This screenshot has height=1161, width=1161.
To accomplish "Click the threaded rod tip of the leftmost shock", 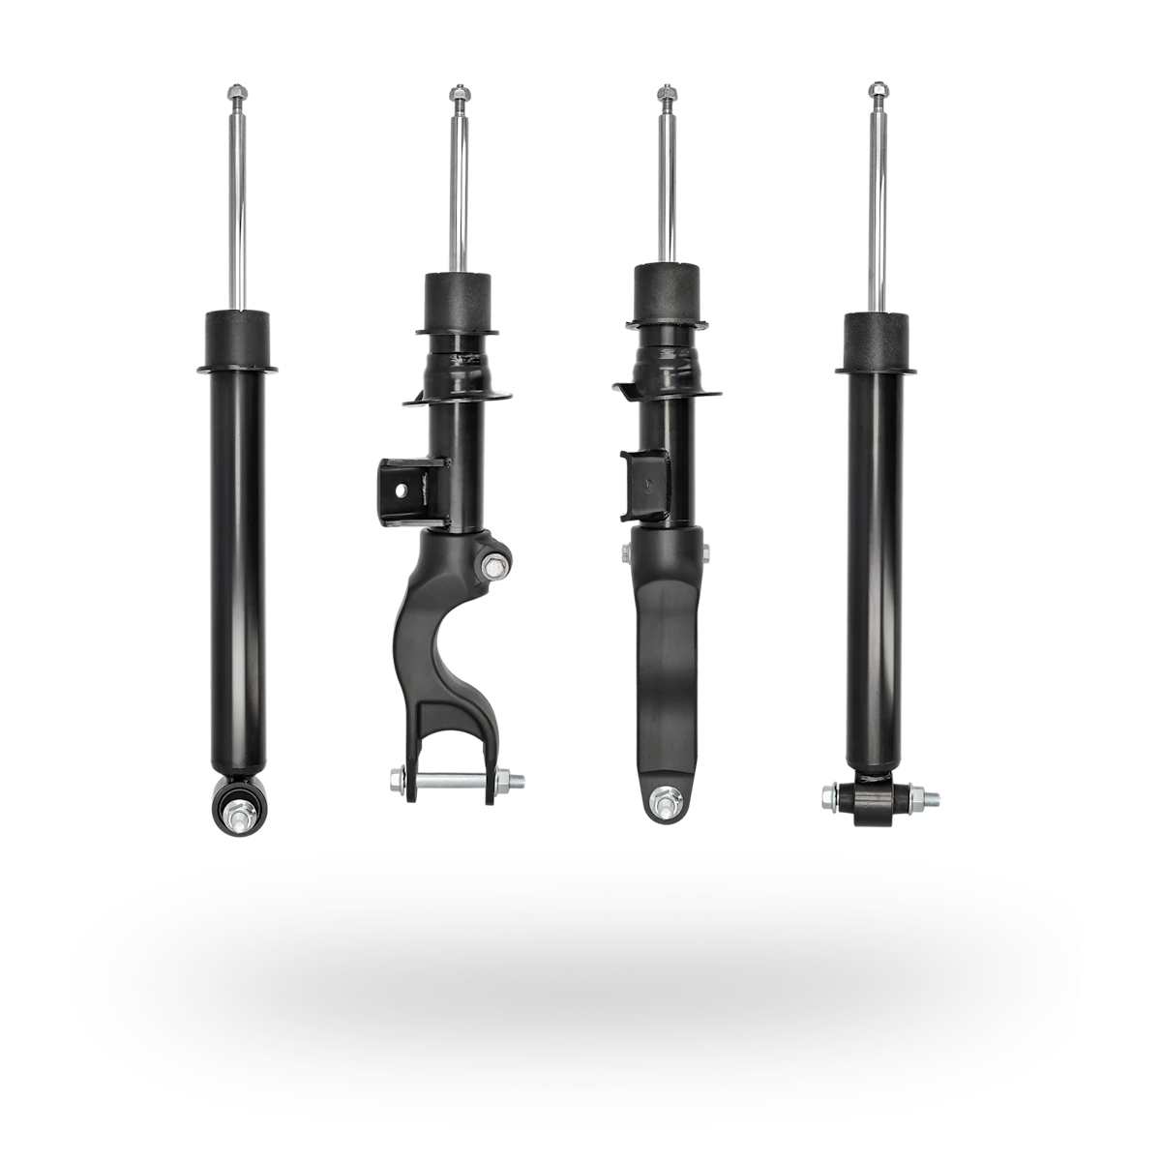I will tap(237, 94).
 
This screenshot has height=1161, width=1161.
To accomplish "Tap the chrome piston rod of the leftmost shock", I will tap(238, 213).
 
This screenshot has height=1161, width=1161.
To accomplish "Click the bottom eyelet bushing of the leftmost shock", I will tap(237, 802).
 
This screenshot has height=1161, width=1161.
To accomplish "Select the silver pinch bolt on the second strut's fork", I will tap(494, 566).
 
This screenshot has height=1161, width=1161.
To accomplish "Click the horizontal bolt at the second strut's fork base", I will tap(455, 779).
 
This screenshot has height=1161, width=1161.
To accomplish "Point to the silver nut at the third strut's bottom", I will tap(663, 801).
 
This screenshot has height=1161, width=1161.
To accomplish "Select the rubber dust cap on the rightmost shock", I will tap(878, 338).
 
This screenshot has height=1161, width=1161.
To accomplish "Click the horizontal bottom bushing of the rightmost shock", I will tap(878, 798).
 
